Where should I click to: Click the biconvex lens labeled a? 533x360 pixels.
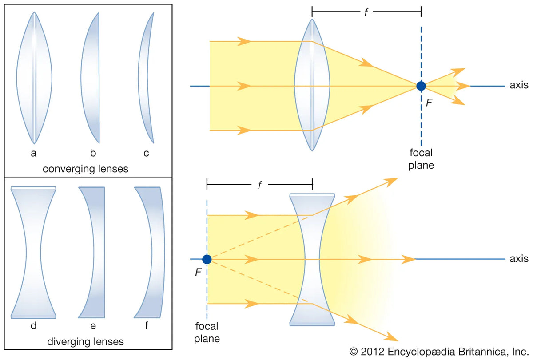click(34, 78)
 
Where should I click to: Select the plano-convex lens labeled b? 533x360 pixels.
click(91, 78)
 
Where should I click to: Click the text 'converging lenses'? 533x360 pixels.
click(85, 169)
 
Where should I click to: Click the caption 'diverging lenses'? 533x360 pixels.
click(85, 342)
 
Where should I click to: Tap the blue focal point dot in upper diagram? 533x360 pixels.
click(421, 86)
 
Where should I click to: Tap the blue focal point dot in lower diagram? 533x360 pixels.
click(207, 259)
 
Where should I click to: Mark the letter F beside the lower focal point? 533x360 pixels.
click(198, 273)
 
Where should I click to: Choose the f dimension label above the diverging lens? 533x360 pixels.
click(259, 185)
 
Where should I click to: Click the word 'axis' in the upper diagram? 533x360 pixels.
click(519, 85)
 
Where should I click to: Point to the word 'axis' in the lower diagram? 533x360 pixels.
click(519, 258)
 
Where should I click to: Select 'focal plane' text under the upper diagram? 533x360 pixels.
click(421, 159)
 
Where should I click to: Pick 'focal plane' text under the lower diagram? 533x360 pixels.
click(207, 332)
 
